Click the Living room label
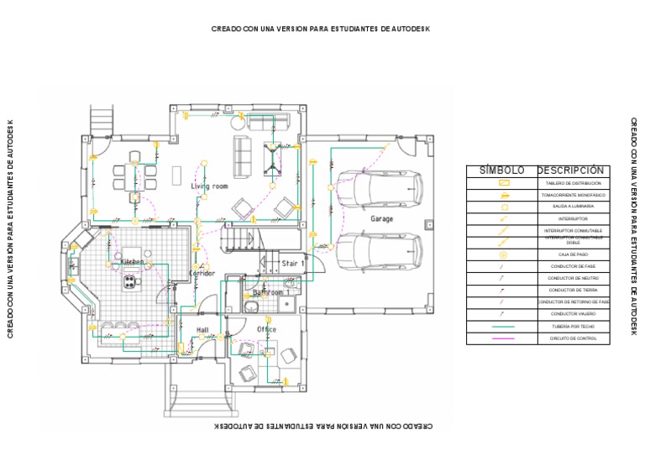tap(209, 186)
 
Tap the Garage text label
tap(382, 218)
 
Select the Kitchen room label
tap(133, 262)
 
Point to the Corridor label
tap(202, 274)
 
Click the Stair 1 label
tap(293, 263)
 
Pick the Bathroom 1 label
tap(271, 293)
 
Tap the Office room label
tap(267, 329)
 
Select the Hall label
tap(202, 329)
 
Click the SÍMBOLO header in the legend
tap(501, 170)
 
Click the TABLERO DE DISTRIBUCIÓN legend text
tap(574, 183)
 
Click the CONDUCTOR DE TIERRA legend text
tap(574, 290)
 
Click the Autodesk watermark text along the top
tap(322, 29)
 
